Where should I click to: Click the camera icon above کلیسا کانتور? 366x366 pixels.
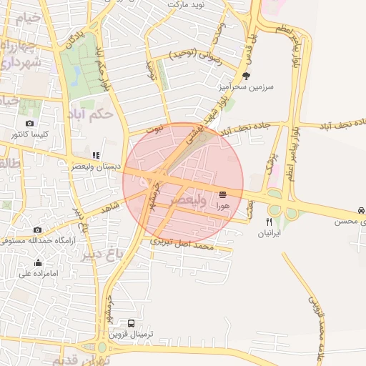[x=29, y=123]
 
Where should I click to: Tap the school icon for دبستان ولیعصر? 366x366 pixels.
[x=96, y=155]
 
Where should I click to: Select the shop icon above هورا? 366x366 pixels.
[x=223, y=194]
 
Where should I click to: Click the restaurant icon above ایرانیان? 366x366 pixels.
[x=269, y=222]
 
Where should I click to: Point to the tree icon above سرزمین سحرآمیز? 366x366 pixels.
[x=247, y=75]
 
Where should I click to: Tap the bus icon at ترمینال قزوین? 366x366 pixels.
[x=131, y=323]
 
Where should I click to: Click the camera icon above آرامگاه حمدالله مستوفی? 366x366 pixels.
[x=37, y=229]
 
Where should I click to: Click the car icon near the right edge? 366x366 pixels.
[x=360, y=211]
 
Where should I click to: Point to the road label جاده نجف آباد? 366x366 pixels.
[x=253, y=127]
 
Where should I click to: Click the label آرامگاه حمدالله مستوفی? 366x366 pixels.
[x=40, y=241]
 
